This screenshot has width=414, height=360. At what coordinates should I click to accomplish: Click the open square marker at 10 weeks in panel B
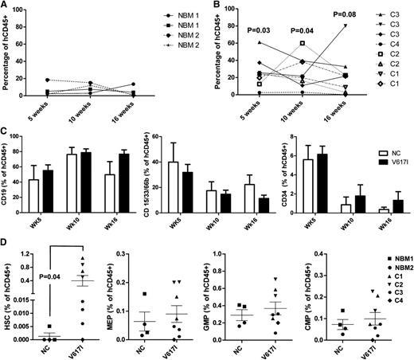pos(302,43)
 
